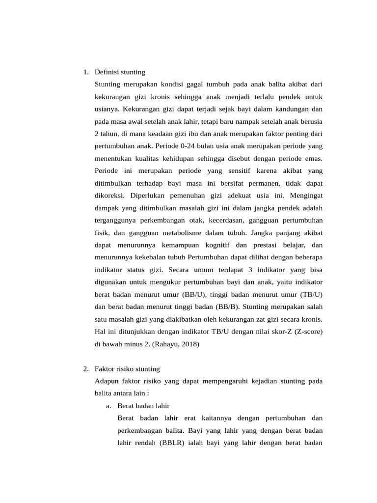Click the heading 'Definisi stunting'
click(x=120, y=72)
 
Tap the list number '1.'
click(x=86, y=72)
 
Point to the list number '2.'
click(x=86, y=368)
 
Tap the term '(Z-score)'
click(x=306, y=332)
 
